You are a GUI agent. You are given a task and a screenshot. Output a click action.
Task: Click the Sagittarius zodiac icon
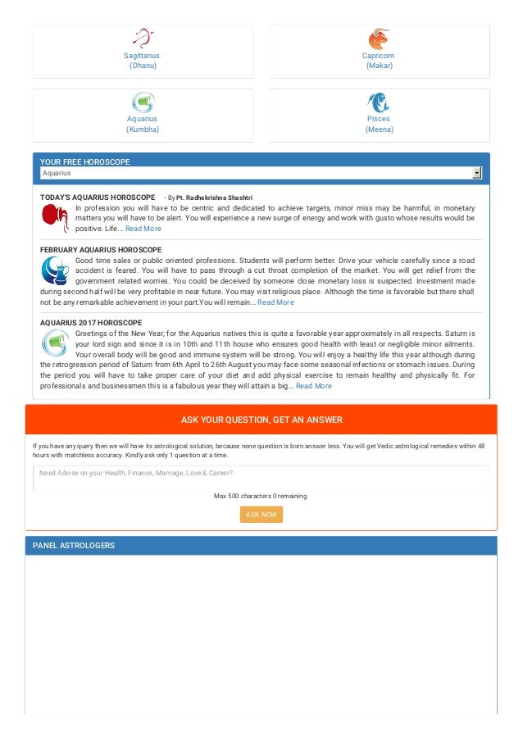pyautogui.click(x=143, y=38)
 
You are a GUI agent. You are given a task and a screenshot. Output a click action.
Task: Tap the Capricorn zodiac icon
pyautogui.click(x=379, y=39)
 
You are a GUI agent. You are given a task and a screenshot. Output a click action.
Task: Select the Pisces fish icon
pyautogui.click(x=379, y=102)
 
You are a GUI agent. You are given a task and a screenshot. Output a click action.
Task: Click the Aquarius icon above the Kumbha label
pyautogui.click(x=143, y=102)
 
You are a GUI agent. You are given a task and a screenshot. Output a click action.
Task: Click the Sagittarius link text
pyautogui.click(x=142, y=56)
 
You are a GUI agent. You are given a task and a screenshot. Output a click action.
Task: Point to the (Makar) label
pyautogui.click(x=379, y=66)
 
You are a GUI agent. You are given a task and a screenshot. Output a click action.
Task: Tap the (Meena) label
pyautogui.click(x=379, y=129)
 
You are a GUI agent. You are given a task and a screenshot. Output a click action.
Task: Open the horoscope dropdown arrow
pyautogui.click(x=476, y=173)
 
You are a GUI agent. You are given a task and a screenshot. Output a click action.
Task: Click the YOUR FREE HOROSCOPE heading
pyautogui.click(x=85, y=162)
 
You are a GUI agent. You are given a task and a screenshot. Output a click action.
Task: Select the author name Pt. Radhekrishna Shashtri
pyautogui.click(x=214, y=198)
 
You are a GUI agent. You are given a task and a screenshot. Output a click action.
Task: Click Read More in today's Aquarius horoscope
pyautogui.click(x=143, y=229)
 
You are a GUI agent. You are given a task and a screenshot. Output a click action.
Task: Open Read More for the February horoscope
pyautogui.click(x=275, y=302)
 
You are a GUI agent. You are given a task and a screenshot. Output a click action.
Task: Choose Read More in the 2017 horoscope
pyautogui.click(x=314, y=386)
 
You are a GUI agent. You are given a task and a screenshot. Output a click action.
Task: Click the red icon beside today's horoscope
pyautogui.click(x=55, y=217)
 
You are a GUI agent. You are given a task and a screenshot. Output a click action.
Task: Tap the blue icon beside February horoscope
pyautogui.click(x=55, y=270)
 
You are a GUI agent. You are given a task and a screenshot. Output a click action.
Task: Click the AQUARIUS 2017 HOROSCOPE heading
pyautogui.click(x=91, y=323)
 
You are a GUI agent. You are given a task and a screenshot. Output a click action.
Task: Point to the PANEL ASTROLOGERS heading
pyautogui.click(x=74, y=546)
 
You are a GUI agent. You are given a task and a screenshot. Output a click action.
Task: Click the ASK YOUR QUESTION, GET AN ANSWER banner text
pyautogui.click(x=261, y=420)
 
